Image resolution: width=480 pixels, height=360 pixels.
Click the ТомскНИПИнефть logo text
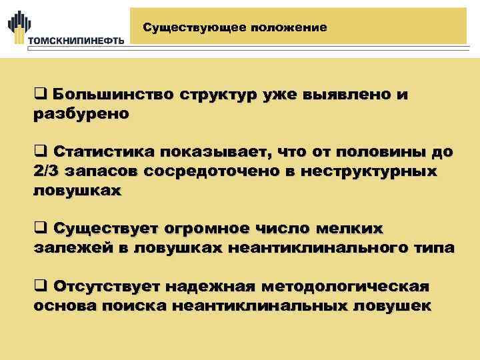75,40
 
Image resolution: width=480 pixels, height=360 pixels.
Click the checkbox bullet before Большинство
39,95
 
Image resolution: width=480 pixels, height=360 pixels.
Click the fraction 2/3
46,171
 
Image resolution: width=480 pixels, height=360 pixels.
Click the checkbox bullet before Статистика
39,153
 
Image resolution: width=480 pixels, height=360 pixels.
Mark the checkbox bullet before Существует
39,229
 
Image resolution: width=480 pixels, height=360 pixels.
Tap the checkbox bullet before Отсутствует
39,287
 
